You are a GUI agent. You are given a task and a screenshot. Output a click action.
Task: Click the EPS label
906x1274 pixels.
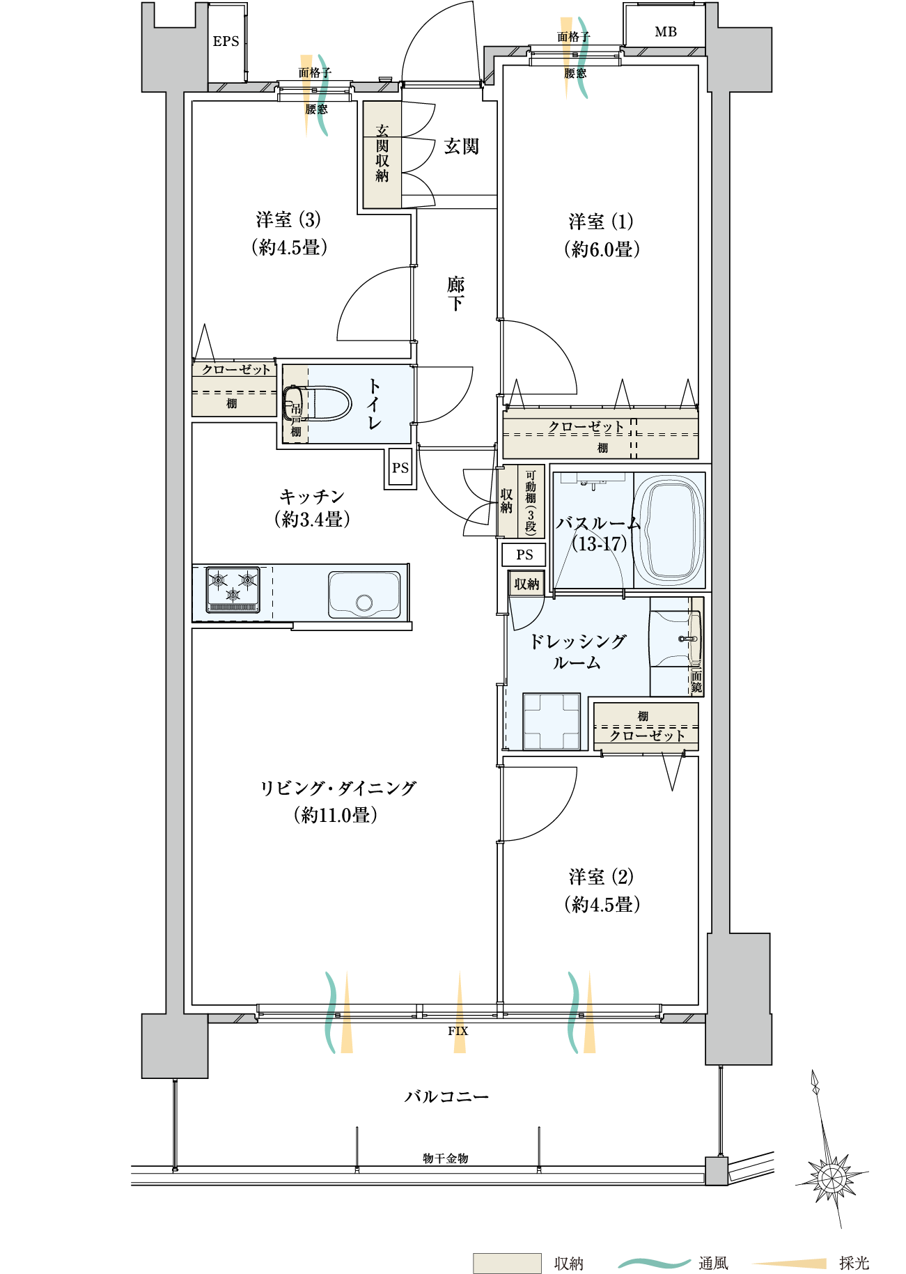[226, 42]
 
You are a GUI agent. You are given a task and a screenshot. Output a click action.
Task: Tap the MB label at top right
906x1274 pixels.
[666, 32]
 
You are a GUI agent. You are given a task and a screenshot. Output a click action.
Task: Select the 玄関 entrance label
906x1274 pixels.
[462, 146]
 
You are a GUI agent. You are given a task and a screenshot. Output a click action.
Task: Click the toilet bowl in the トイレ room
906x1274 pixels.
[318, 403]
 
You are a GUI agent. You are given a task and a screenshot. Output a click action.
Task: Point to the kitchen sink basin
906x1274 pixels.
[364, 595]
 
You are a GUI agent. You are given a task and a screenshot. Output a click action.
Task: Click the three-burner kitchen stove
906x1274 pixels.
[233, 590]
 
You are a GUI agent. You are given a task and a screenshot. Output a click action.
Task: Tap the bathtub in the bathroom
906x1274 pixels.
[669, 529]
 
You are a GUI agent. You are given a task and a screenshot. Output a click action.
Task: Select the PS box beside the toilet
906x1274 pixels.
[400, 468]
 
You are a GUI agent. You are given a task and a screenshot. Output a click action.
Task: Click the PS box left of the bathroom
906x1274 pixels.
[524, 554]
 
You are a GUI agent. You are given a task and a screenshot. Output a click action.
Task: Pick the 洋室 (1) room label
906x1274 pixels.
[601, 222]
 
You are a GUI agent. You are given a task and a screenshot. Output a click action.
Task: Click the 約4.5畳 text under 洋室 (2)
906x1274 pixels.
[602, 905]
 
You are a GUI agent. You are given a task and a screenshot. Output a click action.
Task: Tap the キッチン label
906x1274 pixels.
[312, 497]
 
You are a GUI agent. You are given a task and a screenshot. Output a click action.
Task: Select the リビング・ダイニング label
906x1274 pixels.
[338, 789]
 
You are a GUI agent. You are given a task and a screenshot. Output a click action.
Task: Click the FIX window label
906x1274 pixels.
[458, 1031]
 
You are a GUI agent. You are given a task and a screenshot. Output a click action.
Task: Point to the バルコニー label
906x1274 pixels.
[447, 1096]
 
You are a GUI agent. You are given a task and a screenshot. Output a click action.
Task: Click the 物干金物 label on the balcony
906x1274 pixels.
[446, 1158]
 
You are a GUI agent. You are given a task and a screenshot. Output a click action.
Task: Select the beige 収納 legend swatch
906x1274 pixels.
[507, 1263]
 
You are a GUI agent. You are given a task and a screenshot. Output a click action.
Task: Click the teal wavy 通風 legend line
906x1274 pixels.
[655, 1263]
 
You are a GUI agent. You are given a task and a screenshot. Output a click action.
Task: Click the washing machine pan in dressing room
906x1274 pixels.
[552, 722]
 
